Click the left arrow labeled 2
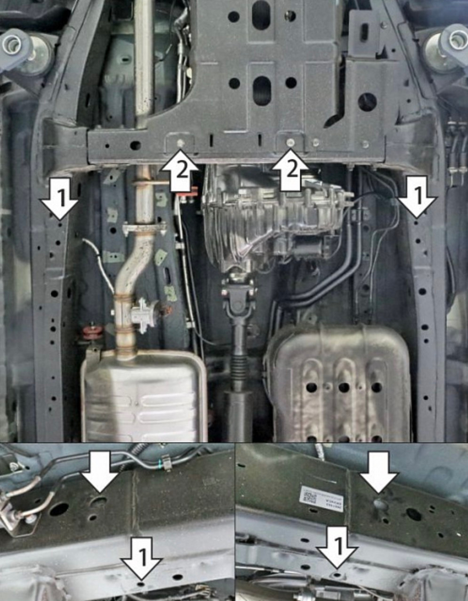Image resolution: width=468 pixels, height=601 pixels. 180,171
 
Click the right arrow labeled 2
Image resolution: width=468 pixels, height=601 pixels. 291,171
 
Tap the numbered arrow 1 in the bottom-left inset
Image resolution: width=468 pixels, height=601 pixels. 142,558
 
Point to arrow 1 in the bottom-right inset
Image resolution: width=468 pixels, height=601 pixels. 337,547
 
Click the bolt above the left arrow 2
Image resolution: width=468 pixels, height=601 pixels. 180,142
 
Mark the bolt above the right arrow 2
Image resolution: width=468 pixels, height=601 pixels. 290,142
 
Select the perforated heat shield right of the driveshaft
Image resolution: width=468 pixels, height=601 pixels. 339,384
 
